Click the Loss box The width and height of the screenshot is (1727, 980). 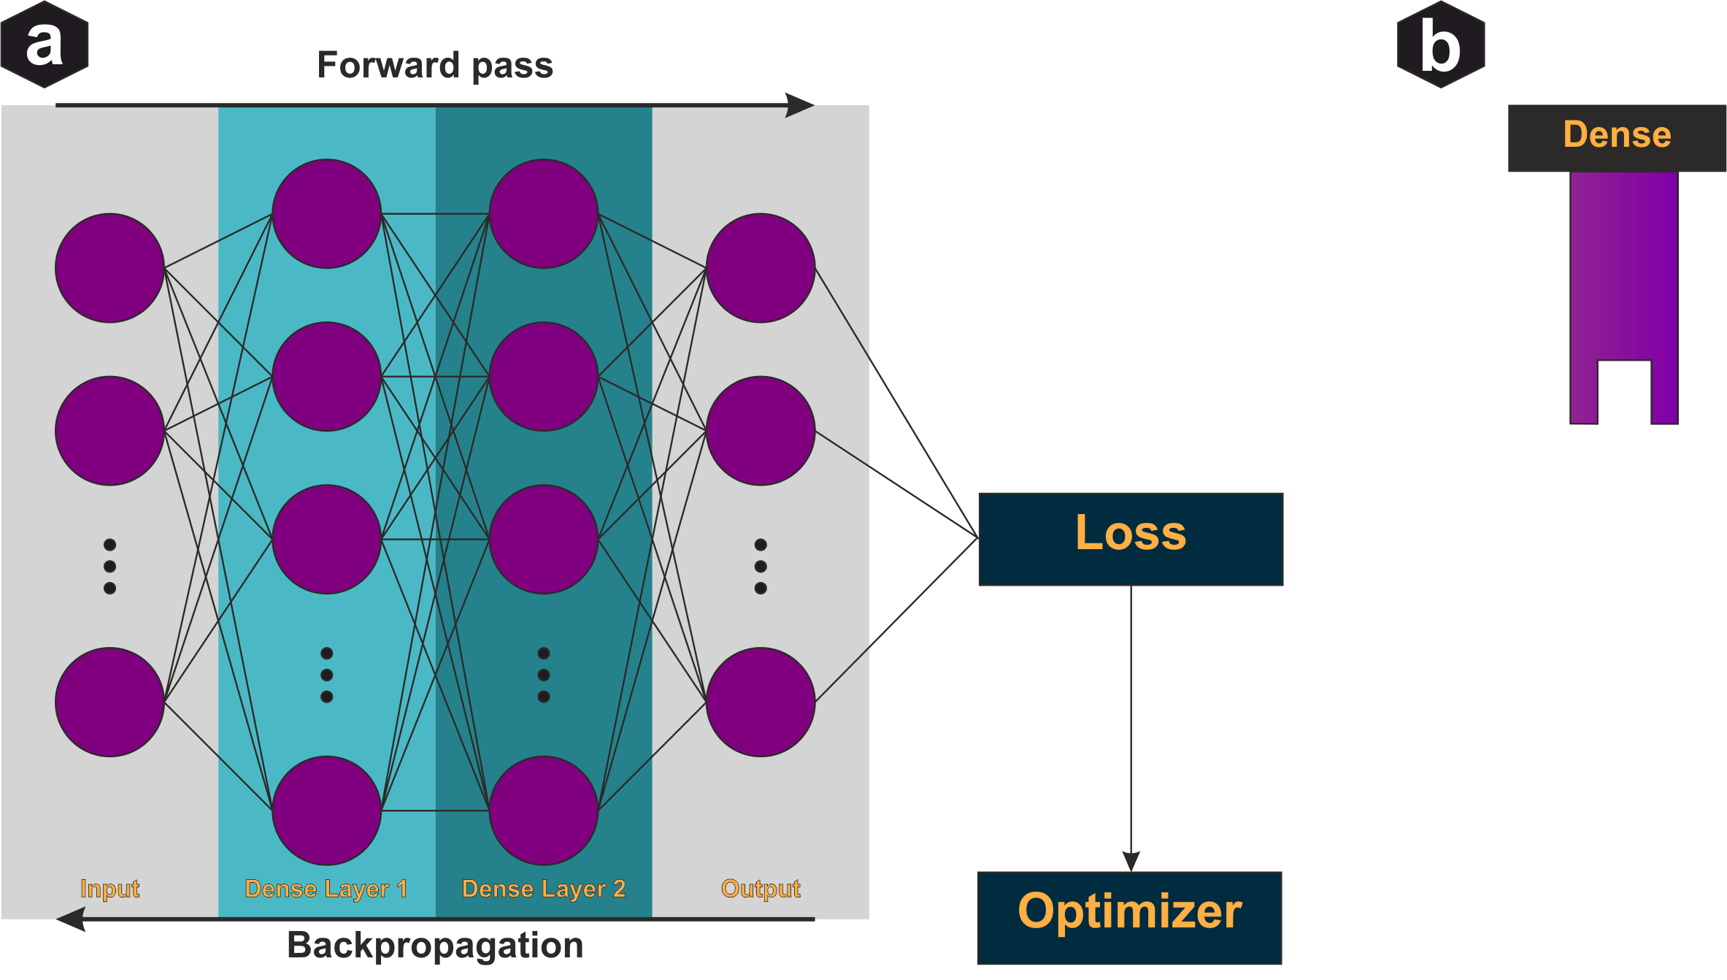[x=1130, y=539]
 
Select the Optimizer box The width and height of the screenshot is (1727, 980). [x=1129, y=917]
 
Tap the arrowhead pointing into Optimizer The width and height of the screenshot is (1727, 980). [x=1131, y=861]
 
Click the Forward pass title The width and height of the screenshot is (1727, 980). [x=435, y=66]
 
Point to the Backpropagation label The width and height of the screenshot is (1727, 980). [x=435, y=945]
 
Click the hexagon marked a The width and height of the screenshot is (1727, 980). [x=45, y=45]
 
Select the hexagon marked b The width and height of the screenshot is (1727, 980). [x=1440, y=45]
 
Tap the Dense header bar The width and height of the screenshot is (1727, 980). [x=1617, y=137]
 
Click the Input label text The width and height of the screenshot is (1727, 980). [x=109, y=889]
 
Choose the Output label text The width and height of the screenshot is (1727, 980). [x=760, y=889]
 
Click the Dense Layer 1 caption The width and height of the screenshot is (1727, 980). [x=326, y=889]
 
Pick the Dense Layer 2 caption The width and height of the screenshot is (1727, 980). [x=544, y=889]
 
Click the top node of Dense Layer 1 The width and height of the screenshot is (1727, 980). [x=326, y=214]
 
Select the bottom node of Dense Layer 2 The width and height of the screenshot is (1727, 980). [x=544, y=811]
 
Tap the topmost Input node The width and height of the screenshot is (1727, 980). [x=109, y=268]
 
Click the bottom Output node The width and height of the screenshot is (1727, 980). [x=760, y=702]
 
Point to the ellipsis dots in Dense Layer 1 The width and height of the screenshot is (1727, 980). [x=326, y=675]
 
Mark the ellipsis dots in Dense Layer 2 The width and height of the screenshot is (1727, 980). [x=544, y=675]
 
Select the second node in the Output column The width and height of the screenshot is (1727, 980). [x=760, y=431]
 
